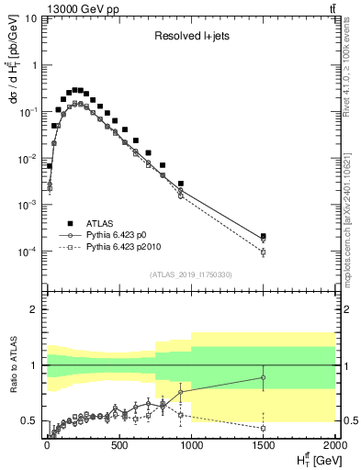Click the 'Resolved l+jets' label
(190, 37)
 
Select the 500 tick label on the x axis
(118, 447)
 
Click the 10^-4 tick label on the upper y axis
(28, 251)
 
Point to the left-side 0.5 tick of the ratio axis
(28, 421)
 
